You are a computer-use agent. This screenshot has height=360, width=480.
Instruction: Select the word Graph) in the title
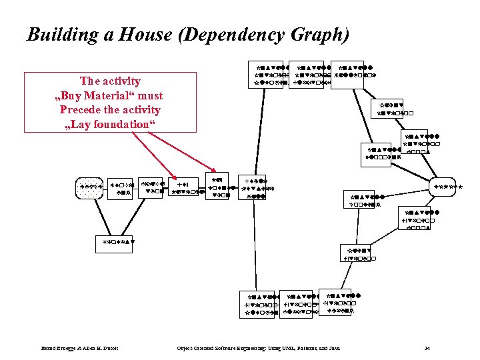[x=319, y=35]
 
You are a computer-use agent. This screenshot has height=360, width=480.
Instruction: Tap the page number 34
[x=427, y=348]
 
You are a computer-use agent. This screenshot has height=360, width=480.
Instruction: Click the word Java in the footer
[x=334, y=348]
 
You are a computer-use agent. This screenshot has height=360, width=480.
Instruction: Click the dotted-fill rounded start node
[x=90, y=187]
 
